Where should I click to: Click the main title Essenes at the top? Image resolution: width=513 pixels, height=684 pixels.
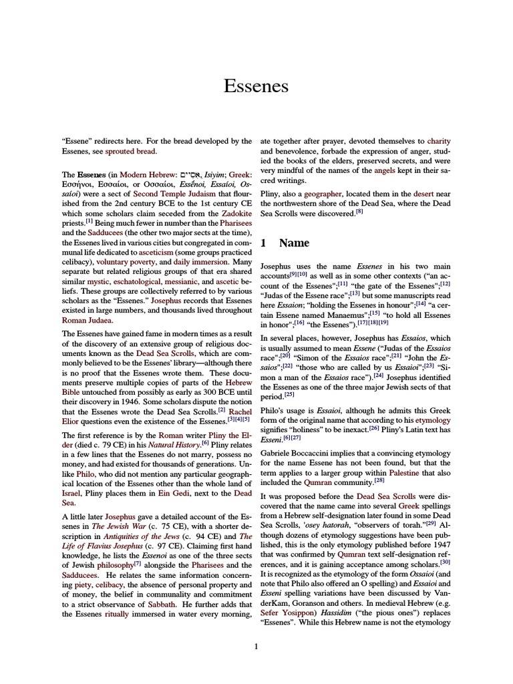point(256,86)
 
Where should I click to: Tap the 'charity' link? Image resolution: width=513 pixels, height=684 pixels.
point(439,142)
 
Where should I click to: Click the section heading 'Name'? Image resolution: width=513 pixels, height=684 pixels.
point(294,244)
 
